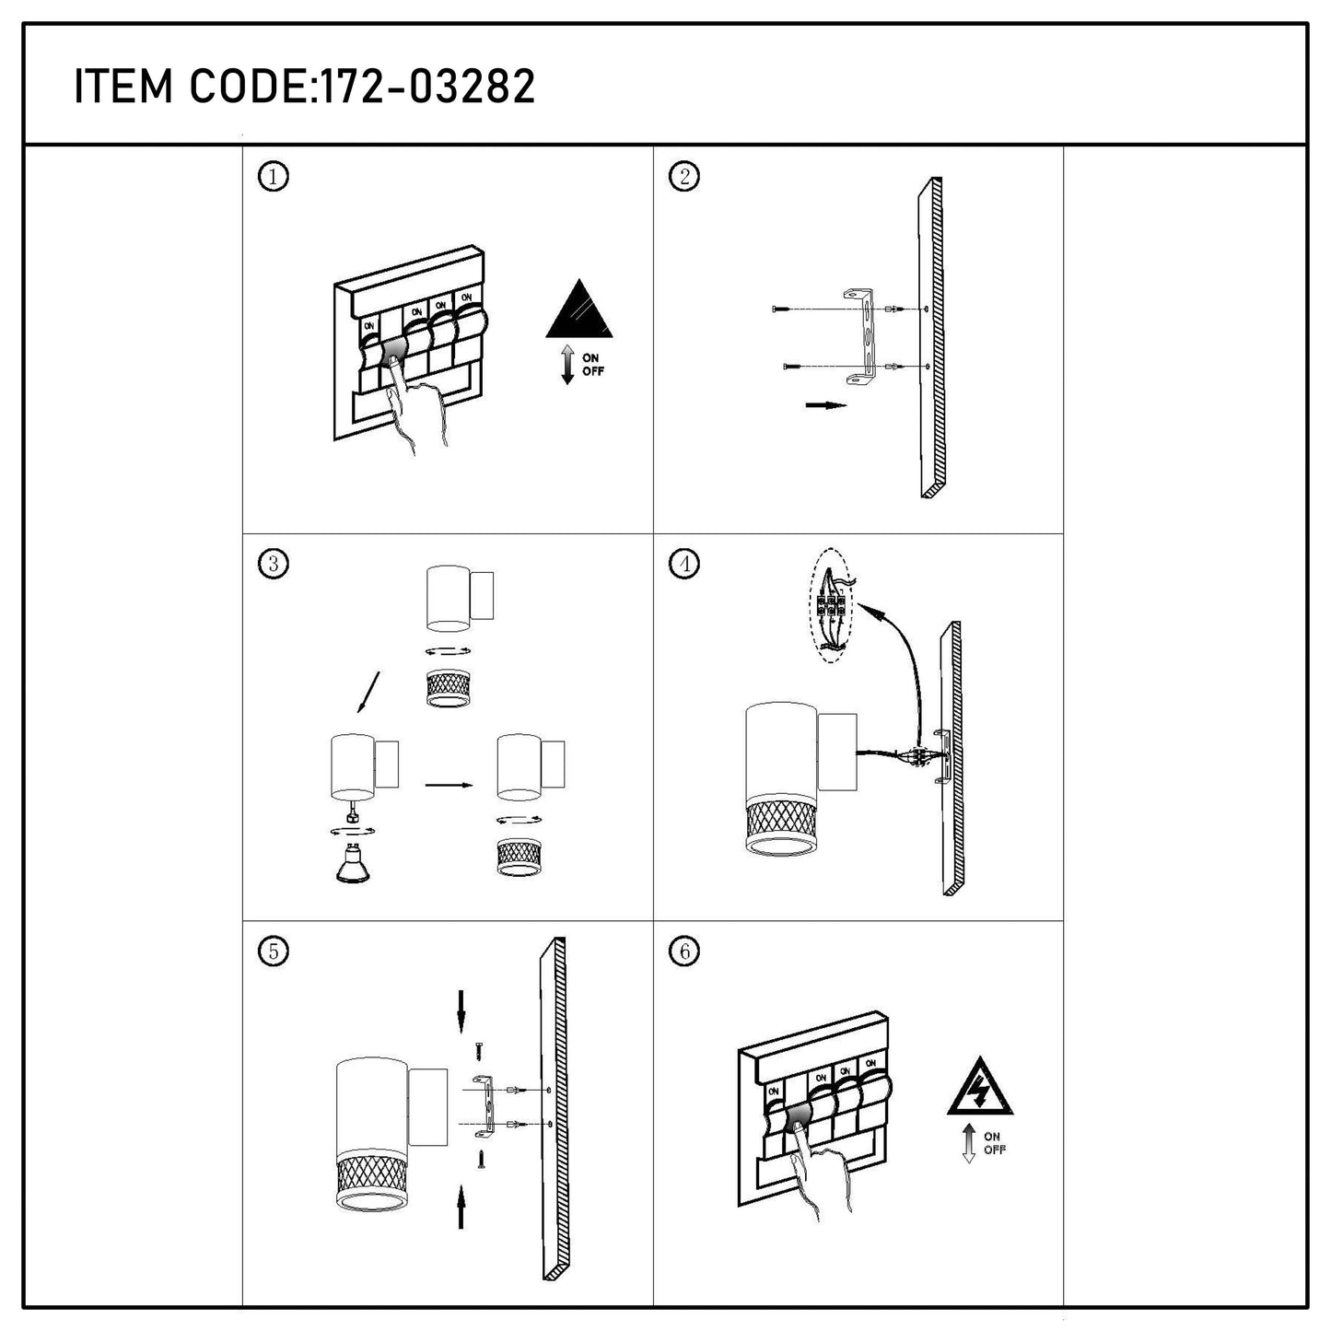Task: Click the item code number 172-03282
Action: (425, 87)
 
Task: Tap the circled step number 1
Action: (273, 178)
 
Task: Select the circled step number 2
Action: (683, 176)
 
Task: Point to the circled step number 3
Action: (273, 564)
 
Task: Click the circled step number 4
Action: (683, 564)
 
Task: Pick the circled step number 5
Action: (273, 952)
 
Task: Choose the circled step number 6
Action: (683, 952)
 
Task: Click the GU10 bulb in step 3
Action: (352, 863)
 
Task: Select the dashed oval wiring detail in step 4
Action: (831, 605)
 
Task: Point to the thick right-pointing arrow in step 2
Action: (826, 404)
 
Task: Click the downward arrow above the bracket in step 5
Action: (461, 1011)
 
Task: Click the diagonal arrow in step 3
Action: (368, 691)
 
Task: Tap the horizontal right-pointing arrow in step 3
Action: (449, 785)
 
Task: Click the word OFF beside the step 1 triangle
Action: (592, 371)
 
